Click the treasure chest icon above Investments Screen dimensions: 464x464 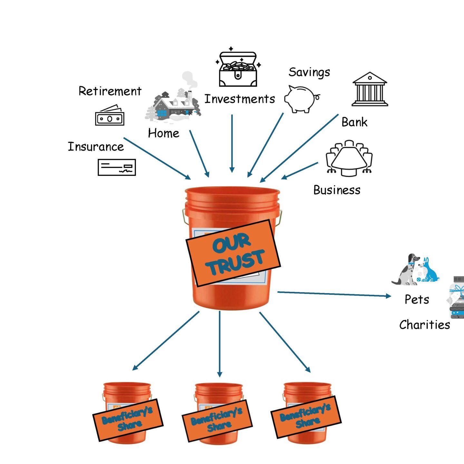(238, 68)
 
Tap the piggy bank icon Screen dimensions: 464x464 (301, 99)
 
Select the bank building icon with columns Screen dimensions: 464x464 (370, 89)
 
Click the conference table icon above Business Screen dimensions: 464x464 (349, 158)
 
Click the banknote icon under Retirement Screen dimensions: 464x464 (110, 116)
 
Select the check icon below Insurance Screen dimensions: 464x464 (117, 167)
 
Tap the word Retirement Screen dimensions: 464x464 (110, 91)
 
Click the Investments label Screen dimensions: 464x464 (240, 99)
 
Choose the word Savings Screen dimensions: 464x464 (309, 72)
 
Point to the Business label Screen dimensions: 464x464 (337, 190)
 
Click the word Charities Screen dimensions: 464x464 (424, 325)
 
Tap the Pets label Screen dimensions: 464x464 (417, 299)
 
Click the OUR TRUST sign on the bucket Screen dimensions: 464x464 (234, 253)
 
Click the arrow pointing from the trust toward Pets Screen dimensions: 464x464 (334, 294)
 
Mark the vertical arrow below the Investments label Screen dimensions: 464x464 (232, 143)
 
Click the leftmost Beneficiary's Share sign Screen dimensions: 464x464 (128, 420)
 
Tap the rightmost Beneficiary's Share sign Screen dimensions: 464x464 (305, 417)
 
